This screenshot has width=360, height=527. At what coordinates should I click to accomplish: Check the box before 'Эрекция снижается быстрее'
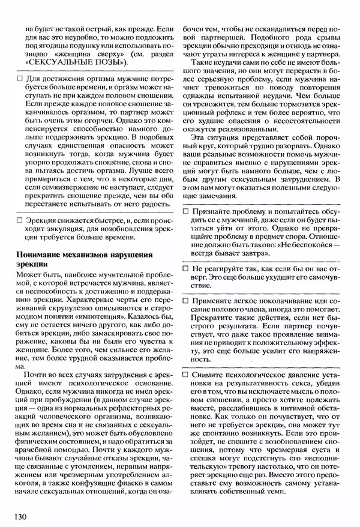(20, 221)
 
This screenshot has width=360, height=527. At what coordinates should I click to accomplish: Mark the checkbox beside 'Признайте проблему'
(185, 212)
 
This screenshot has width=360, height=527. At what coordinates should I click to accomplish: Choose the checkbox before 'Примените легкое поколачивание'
(185, 300)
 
